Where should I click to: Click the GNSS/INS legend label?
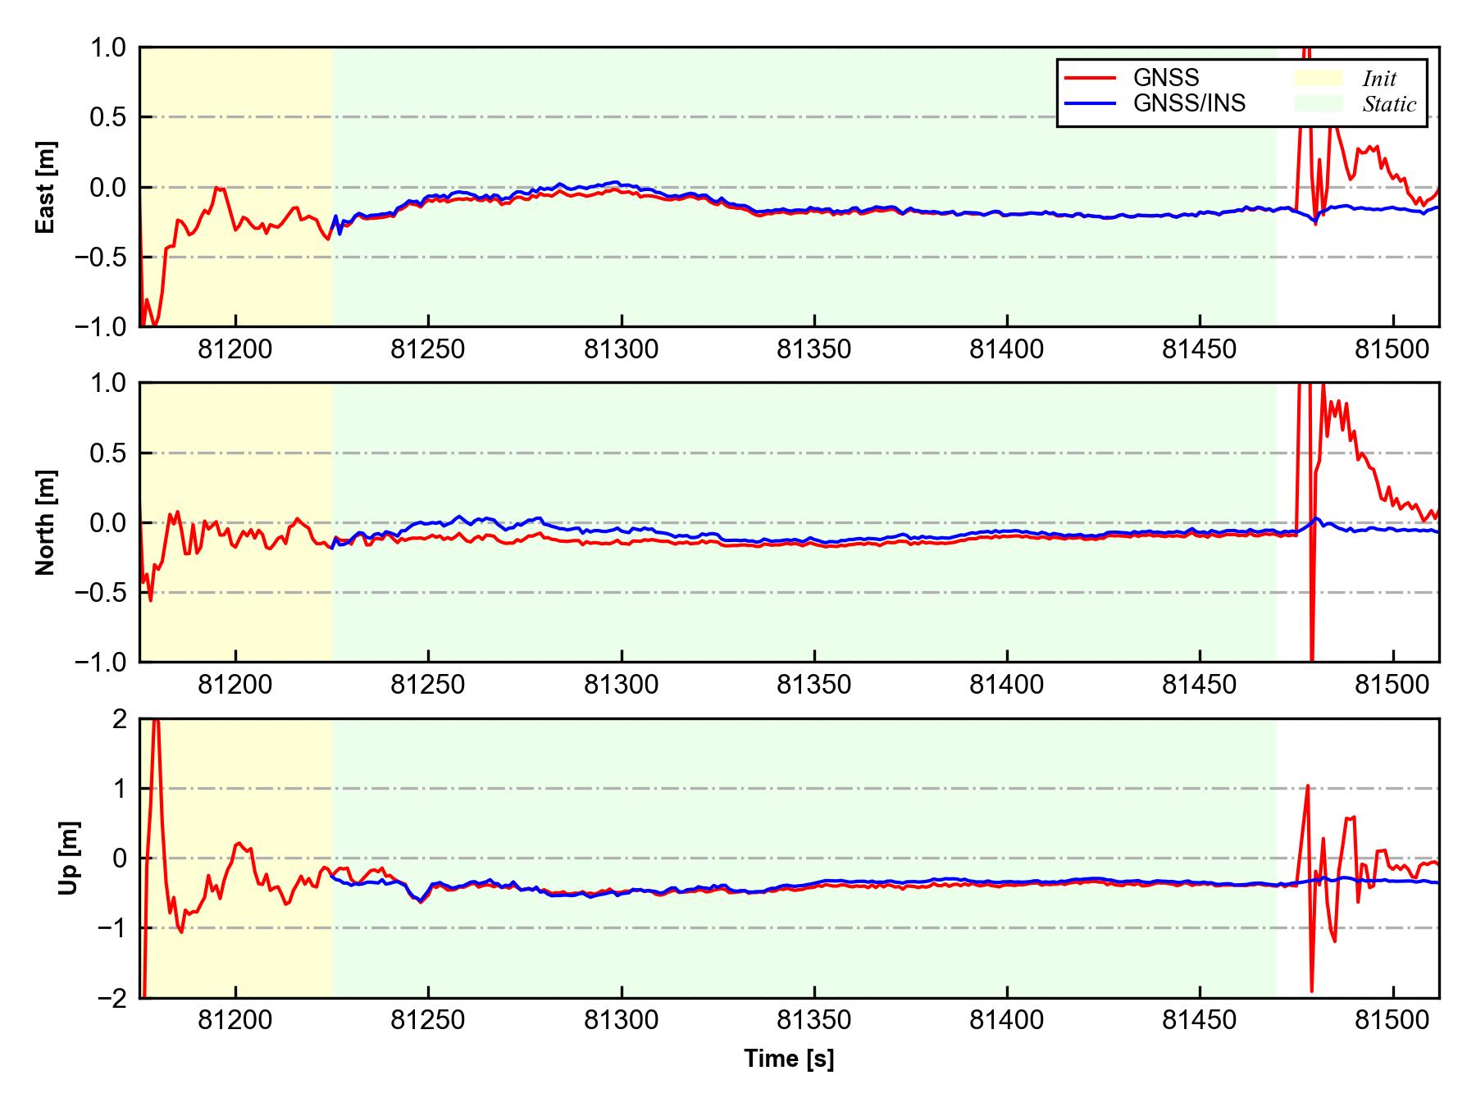point(1189,103)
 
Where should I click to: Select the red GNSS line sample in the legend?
point(1090,78)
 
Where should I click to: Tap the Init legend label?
point(1379,79)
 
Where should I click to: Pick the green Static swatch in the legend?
point(1319,103)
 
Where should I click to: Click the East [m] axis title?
point(46,187)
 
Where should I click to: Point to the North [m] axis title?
point(46,522)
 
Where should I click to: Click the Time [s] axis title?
point(789,1059)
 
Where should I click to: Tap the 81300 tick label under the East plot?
point(621,350)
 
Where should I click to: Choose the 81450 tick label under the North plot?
point(1200,686)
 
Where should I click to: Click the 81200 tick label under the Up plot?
point(235,1021)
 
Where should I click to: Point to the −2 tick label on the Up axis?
point(112,998)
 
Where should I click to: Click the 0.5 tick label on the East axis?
point(107,117)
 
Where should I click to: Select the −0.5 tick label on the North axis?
point(100,592)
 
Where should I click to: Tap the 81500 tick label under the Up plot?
point(1392,1021)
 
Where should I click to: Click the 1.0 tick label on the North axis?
point(107,384)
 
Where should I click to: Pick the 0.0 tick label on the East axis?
point(107,187)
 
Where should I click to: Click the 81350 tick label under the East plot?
point(813,350)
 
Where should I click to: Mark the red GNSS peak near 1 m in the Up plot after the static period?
point(1307,786)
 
